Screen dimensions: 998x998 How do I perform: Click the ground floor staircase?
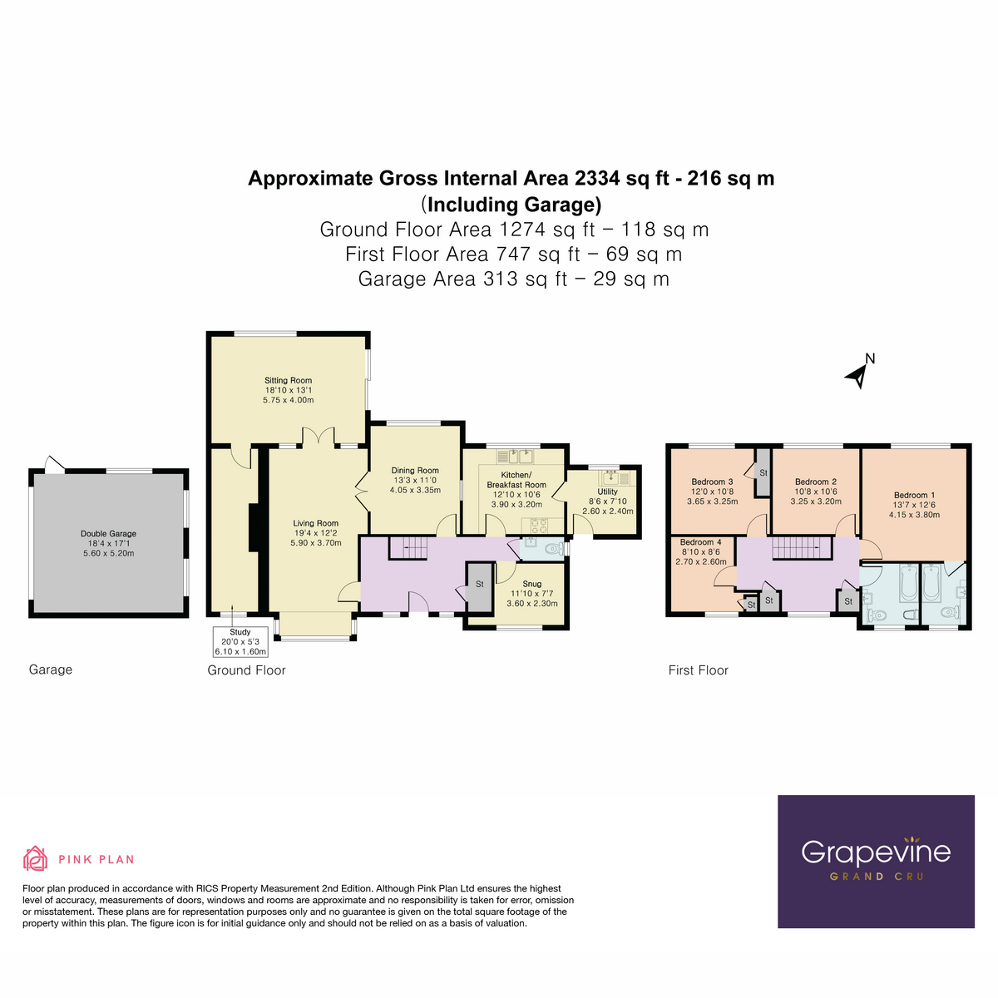click(x=408, y=547)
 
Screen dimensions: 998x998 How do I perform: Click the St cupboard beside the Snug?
click(x=479, y=585)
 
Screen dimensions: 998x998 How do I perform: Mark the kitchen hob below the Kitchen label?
click(x=536, y=525)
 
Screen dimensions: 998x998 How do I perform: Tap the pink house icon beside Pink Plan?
click(x=35, y=858)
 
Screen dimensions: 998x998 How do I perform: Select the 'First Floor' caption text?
click(x=698, y=670)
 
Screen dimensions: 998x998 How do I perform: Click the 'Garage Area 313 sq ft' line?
click(x=513, y=279)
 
